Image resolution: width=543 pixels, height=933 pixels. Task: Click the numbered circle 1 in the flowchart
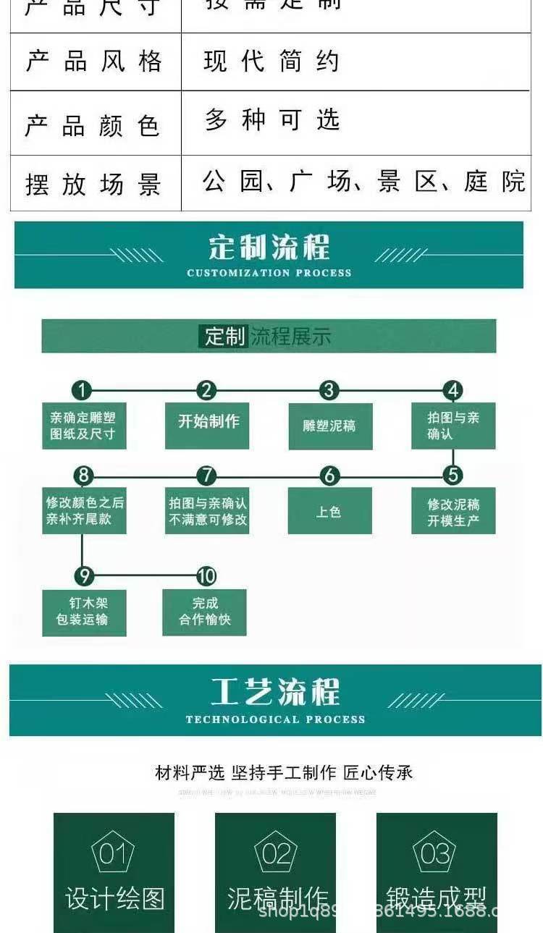(82, 391)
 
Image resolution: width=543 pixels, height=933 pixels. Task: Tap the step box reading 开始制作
(208, 425)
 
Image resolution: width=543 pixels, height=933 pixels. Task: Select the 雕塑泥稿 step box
(329, 426)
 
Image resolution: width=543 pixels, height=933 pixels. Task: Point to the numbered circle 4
(453, 391)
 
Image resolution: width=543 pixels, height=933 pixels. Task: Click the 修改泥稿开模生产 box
(453, 511)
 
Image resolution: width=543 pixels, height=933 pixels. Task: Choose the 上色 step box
(329, 511)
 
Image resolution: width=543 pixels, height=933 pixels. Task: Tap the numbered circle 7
(207, 476)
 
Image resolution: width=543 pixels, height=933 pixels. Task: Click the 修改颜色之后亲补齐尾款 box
(84, 511)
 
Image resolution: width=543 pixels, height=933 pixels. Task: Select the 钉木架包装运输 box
(84, 612)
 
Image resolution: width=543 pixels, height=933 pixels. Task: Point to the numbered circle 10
(206, 576)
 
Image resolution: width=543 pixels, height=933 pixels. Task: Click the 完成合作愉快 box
(205, 612)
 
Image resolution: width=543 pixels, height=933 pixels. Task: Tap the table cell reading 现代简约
(271, 62)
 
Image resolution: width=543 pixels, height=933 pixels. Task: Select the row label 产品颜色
(93, 125)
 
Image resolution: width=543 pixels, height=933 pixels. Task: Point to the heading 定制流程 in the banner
(269, 248)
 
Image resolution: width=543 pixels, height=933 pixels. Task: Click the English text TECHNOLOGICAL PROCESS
(275, 719)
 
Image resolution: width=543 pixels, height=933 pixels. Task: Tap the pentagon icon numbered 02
(275, 854)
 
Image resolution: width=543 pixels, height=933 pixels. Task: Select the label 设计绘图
(114, 898)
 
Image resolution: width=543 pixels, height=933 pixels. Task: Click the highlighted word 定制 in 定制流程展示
(224, 337)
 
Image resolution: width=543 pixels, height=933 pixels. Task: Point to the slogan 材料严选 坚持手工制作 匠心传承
(284, 772)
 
